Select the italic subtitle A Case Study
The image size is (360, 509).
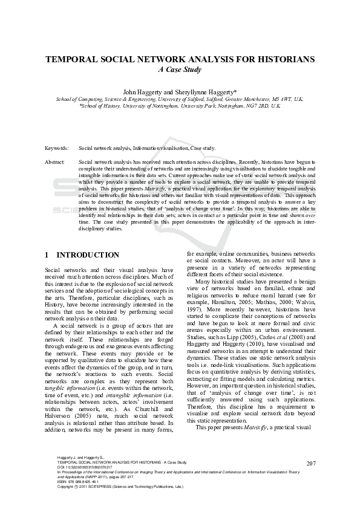(x=180, y=70)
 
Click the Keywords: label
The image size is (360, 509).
(x=57, y=148)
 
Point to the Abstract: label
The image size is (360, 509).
(x=55, y=163)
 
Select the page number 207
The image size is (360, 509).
(x=312, y=463)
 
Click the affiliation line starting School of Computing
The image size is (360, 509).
(x=180, y=98)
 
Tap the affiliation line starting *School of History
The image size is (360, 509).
(x=180, y=105)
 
